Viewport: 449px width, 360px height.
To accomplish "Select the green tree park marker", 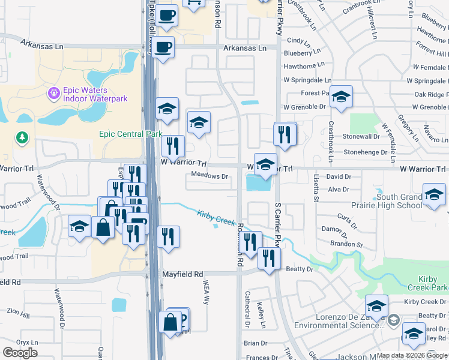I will click(x=23, y=139).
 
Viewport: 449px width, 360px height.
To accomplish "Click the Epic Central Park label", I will click(x=131, y=134).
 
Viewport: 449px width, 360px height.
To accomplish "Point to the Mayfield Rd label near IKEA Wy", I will click(x=183, y=274).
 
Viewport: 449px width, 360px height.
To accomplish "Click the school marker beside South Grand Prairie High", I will click(x=434, y=194).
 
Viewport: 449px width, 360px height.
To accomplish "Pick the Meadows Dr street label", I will click(x=209, y=176).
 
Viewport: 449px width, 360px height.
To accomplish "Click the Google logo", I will click(x=20, y=352).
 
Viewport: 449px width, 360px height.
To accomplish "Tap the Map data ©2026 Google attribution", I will click(x=412, y=355).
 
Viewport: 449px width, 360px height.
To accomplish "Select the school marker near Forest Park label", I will click(x=341, y=97).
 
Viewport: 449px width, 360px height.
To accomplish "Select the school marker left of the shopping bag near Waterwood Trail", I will click(x=79, y=226).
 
